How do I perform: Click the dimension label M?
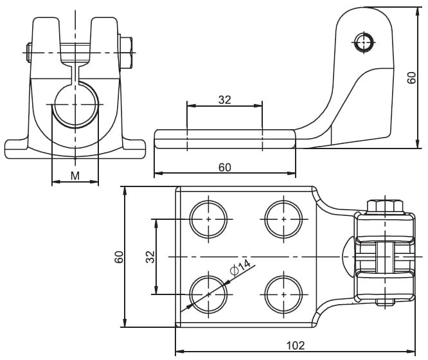[75, 175]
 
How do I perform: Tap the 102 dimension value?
[295, 345]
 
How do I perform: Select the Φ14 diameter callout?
[239, 268]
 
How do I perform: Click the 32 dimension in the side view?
[224, 99]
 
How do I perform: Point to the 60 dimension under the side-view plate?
[224, 167]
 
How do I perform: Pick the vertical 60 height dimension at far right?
[412, 77]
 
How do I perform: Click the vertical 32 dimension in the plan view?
[150, 256]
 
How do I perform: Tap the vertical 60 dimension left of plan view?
[120, 256]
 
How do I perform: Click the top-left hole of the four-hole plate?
[209, 219]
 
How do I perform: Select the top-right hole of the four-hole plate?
[284, 219]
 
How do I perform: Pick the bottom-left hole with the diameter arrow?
[209, 294]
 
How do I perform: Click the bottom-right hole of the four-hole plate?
[284, 294]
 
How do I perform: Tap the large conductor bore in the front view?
[75, 104]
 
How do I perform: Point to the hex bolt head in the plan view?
[385, 206]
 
